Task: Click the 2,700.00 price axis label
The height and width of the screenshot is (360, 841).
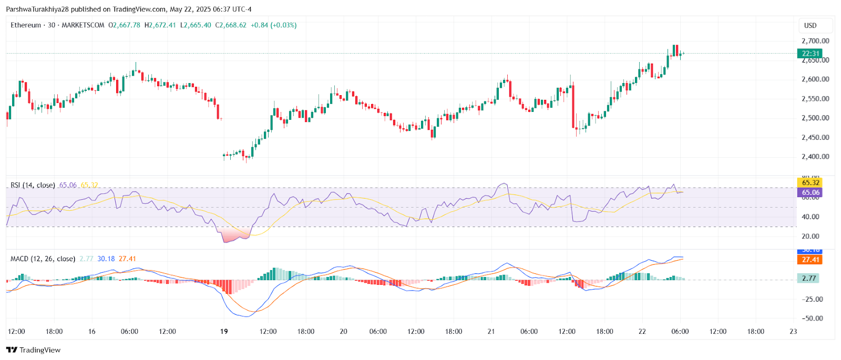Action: (x=815, y=41)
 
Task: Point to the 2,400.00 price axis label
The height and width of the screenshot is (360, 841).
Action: (x=815, y=157)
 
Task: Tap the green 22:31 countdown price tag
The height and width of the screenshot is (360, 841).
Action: (x=810, y=54)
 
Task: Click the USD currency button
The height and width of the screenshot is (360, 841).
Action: (x=810, y=25)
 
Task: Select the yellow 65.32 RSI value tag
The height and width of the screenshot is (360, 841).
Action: (x=810, y=183)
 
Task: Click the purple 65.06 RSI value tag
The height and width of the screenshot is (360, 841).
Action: (x=810, y=192)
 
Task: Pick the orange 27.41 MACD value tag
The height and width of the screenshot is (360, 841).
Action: (x=810, y=260)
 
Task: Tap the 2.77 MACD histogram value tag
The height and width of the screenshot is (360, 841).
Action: (x=808, y=278)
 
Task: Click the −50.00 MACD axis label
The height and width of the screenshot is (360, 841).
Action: (x=812, y=318)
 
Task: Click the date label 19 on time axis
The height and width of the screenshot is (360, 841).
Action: (x=224, y=332)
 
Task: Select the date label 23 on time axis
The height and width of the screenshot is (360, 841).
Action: (x=793, y=332)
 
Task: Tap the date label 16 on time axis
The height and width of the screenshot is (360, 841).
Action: (x=92, y=332)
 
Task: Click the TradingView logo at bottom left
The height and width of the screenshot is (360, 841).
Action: (x=34, y=350)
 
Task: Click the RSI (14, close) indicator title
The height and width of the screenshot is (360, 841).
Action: (x=33, y=185)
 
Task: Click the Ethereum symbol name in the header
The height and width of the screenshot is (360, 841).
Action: (x=26, y=25)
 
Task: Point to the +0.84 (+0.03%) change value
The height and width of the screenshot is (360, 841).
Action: (x=273, y=25)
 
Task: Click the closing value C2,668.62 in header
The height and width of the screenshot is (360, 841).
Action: (x=231, y=25)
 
